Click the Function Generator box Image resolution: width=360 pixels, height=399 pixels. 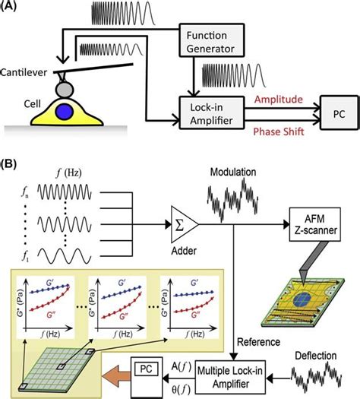pos(209,43)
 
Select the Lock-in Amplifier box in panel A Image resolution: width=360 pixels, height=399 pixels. pos(209,111)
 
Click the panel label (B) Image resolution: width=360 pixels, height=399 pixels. pos(13,163)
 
